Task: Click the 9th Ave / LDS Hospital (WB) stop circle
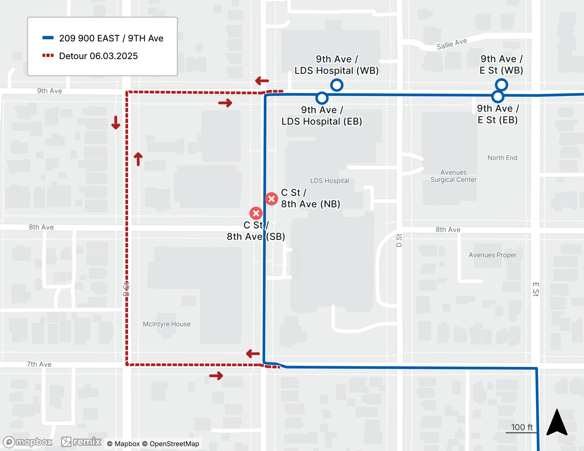(337, 85)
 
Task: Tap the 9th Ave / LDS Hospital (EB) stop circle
(322, 98)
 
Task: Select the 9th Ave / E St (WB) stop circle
(501, 85)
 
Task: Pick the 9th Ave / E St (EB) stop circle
(498, 97)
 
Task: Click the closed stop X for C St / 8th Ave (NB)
(272, 199)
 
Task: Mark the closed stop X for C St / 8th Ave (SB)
(256, 213)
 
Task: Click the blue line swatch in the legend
(48, 38)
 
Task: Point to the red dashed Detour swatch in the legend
(48, 55)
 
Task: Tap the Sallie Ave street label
(451, 44)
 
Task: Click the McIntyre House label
(166, 324)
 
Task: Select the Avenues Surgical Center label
(453, 176)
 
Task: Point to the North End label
(502, 158)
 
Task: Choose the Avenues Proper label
(493, 255)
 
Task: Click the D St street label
(399, 240)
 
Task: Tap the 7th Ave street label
(39, 364)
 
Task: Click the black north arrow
(557, 423)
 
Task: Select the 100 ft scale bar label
(522, 427)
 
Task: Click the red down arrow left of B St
(116, 123)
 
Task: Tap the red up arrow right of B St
(138, 159)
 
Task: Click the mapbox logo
(28, 442)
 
